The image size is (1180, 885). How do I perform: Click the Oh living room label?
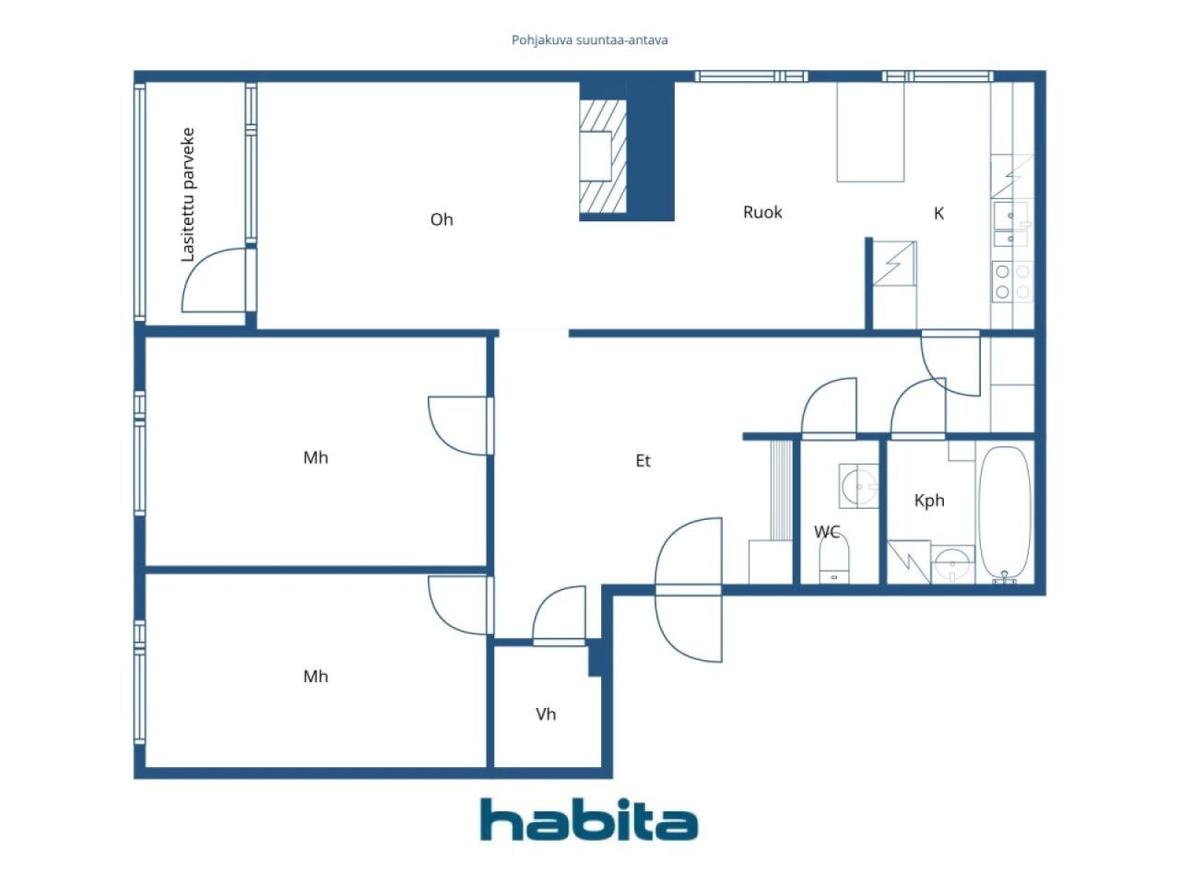tap(442, 219)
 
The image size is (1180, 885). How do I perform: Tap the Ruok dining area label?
tap(762, 212)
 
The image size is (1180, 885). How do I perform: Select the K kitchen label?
tap(938, 213)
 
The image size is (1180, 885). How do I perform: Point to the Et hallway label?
tap(643, 461)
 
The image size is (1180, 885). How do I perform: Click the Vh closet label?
tap(546, 714)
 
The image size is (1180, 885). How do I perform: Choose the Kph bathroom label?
tap(929, 501)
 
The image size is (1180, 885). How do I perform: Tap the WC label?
tap(827, 532)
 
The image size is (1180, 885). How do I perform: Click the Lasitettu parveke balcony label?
tap(188, 195)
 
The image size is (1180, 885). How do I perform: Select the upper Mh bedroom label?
tap(315, 458)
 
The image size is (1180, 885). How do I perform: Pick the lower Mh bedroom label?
tap(315, 677)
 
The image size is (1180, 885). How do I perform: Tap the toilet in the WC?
tap(833, 559)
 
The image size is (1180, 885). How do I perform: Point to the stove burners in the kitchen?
tap(1011, 282)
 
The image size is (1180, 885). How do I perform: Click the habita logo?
tap(589, 819)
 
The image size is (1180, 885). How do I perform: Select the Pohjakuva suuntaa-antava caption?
tap(589, 41)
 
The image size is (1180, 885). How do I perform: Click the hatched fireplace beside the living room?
tap(603, 156)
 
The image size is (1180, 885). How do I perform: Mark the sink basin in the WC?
tap(858, 487)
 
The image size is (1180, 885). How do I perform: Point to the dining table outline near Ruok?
tap(870, 132)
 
